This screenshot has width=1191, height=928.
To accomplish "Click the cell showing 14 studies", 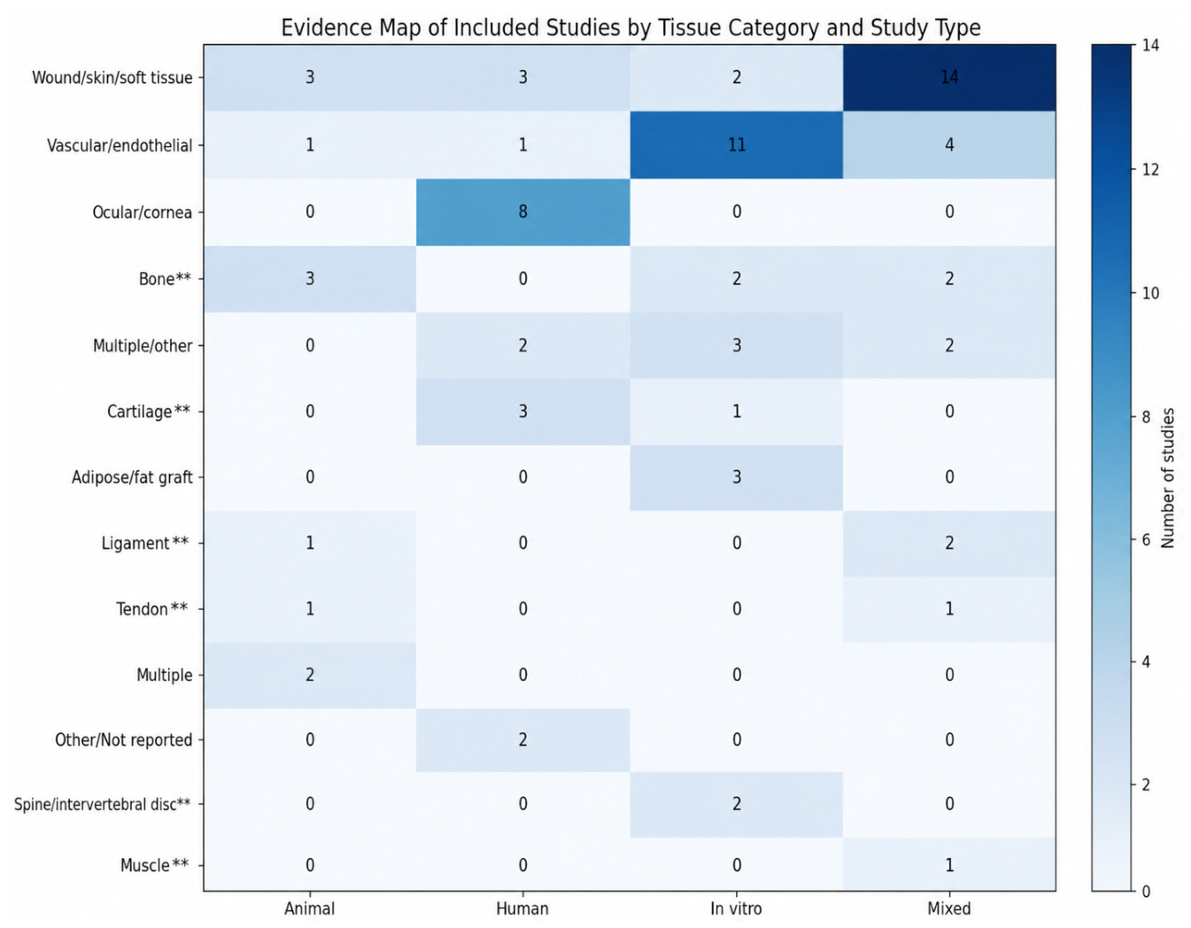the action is click(x=948, y=78).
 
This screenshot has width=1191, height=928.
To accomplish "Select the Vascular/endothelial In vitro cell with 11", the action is click(x=736, y=145).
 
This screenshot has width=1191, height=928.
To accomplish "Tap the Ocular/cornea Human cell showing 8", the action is click(x=522, y=212).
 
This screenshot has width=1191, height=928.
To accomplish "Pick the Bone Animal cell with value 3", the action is click(x=310, y=279).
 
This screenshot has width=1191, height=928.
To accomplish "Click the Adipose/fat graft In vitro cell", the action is click(x=736, y=477).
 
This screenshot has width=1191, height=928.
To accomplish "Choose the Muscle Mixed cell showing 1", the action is click(x=948, y=865).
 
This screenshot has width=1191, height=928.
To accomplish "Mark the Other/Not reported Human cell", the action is click(x=522, y=740).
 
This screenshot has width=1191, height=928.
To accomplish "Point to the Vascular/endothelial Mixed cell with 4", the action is click(x=948, y=145).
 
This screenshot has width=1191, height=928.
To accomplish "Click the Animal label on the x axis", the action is click(x=310, y=909).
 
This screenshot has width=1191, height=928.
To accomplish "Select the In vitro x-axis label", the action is click(x=736, y=909).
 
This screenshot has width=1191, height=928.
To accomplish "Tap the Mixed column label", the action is click(x=948, y=909).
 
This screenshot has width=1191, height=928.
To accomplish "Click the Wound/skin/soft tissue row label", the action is click(x=112, y=78).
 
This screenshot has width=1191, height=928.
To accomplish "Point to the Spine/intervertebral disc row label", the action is click(x=103, y=804).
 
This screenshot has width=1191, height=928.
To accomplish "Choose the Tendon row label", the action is click(x=151, y=609).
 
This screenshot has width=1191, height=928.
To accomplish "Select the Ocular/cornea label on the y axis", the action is click(x=142, y=212).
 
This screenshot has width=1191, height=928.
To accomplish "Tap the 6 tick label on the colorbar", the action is click(x=1147, y=540).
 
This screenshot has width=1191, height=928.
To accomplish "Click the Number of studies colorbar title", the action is click(x=1168, y=477).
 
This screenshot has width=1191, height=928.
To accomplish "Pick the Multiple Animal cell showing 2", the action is click(x=310, y=675).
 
